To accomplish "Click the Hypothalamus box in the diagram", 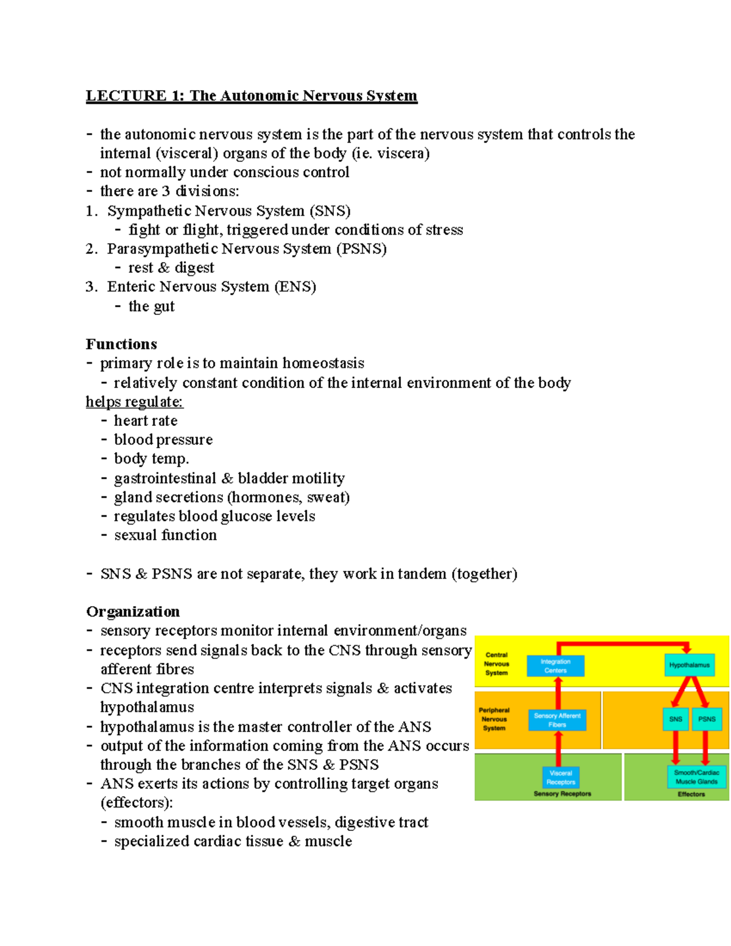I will (x=689, y=665).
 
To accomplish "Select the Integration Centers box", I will (x=555, y=666).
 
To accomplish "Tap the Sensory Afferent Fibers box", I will (x=557, y=720).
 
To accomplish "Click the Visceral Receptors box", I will (x=560, y=777).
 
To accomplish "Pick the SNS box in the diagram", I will (x=676, y=719).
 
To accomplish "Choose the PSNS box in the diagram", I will (x=707, y=719).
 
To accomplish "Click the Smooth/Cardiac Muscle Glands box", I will (x=696, y=777).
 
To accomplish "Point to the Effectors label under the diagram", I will (x=691, y=794).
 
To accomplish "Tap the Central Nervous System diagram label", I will (x=496, y=664).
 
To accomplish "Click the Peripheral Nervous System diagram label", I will (x=493, y=719).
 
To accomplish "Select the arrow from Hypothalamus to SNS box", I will (x=681, y=692).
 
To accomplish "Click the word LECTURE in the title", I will (x=125, y=96).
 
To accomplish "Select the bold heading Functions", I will (x=121, y=344).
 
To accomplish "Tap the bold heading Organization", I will (x=133, y=612).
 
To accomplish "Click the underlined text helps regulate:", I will (x=134, y=402).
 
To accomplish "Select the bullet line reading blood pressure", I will (x=163, y=440).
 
